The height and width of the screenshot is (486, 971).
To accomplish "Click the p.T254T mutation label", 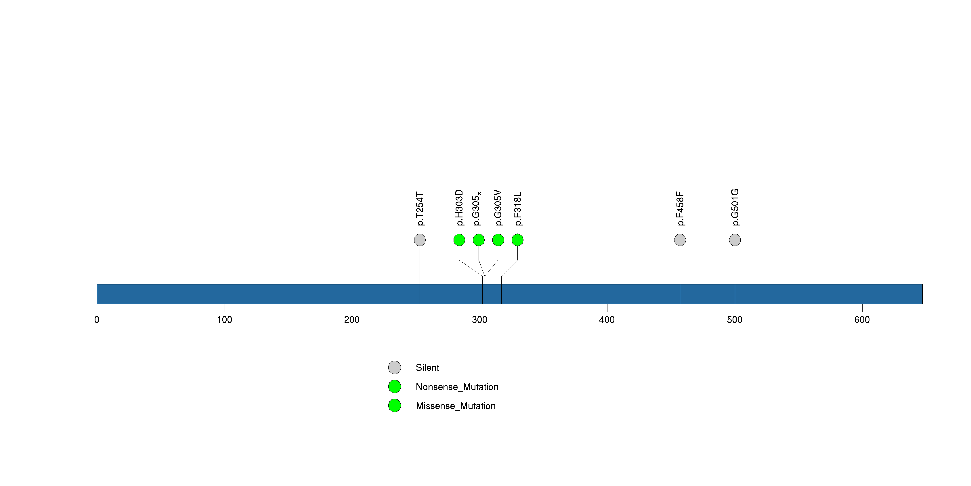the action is (420, 209).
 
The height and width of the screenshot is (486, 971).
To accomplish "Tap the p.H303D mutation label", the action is (459, 208).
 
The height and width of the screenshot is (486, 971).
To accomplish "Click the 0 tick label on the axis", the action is (97, 320).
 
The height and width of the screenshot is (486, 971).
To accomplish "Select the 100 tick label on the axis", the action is (224, 320).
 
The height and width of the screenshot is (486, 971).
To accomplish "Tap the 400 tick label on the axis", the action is (607, 320).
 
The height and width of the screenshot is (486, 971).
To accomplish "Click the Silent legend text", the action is (427, 368).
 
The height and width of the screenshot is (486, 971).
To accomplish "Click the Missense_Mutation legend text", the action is (456, 406).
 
